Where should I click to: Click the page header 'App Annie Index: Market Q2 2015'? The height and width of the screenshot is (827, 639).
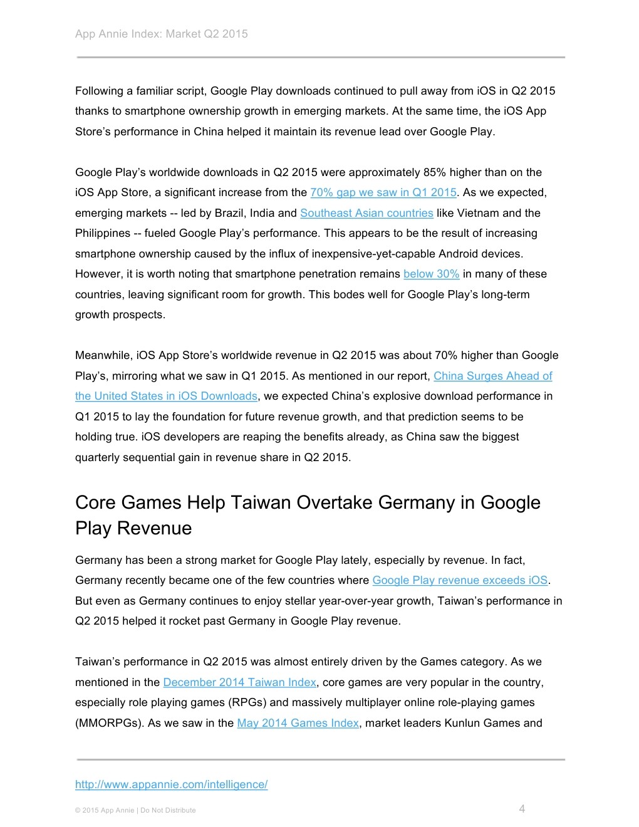pos(161,34)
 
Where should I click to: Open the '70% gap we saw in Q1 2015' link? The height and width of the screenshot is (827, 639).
pos(383,192)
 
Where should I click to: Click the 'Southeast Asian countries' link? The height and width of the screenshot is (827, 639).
pos(366,213)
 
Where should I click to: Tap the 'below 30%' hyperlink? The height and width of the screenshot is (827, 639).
pos(431,274)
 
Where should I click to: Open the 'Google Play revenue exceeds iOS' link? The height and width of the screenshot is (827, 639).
pos(460,580)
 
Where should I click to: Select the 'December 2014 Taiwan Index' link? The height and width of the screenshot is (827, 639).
pos(239,682)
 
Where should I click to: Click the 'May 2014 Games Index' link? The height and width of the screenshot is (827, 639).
pos(298,723)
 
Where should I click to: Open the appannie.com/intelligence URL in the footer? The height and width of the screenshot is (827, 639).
pos(171,784)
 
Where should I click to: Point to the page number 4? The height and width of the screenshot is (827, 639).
pos(522,809)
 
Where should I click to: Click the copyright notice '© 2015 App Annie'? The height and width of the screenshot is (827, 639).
pos(104,811)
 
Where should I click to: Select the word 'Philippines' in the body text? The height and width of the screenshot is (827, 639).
pos(103,233)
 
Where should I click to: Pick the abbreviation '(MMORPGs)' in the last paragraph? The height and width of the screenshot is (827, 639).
pos(110,723)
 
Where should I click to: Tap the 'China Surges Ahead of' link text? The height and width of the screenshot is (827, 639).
pos(492,376)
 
